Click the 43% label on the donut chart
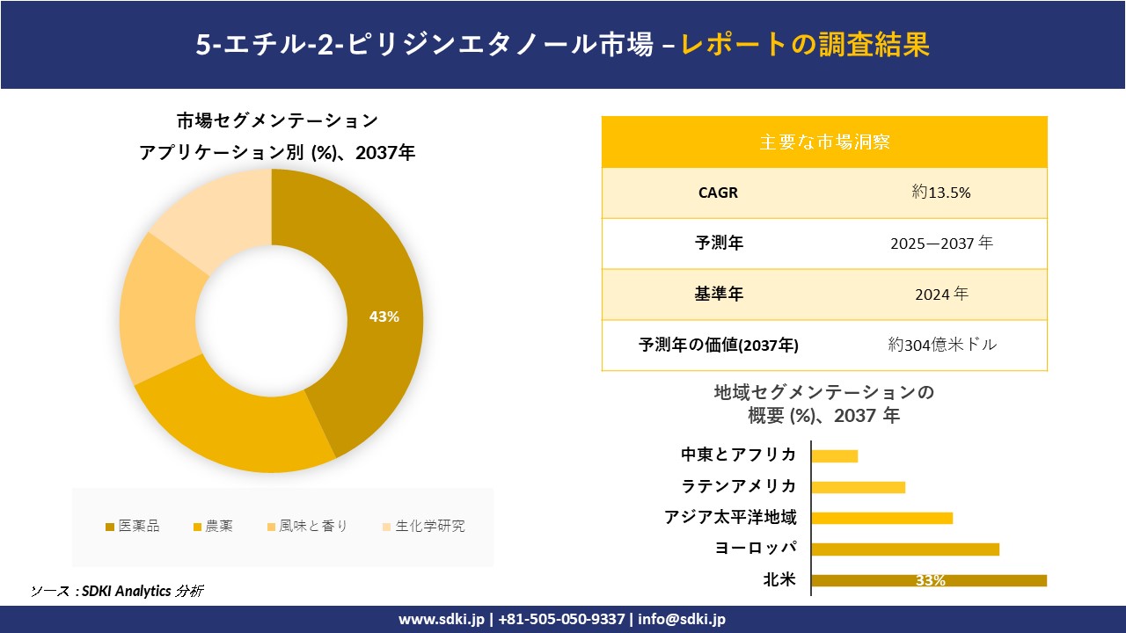point(384,317)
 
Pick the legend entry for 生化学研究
point(423,527)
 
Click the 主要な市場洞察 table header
point(824,142)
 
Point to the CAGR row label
point(718,193)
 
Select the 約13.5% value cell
point(941,193)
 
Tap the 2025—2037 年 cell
point(941,244)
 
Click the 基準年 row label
point(719,295)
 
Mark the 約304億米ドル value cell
point(942,345)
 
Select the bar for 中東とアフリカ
point(834,455)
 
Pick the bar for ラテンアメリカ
point(858,487)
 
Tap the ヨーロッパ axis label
point(756,549)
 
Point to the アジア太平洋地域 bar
point(881,518)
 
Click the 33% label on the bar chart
point(930,580)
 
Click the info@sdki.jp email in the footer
point(682,619)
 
